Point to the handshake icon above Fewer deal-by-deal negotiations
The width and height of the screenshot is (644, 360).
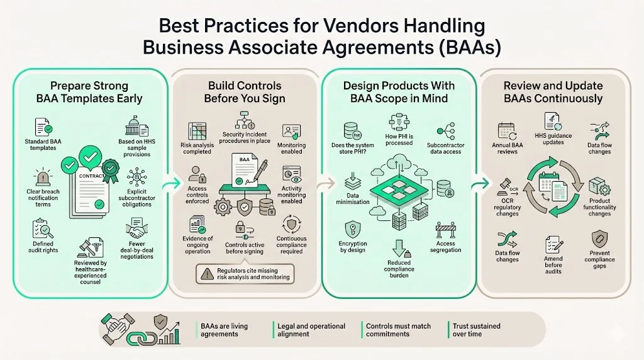point(136,227)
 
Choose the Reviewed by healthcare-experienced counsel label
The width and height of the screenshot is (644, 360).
point(91,272)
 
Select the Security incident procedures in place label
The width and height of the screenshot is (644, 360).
point(245,138)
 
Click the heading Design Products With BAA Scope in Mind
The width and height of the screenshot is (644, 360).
point(399,92)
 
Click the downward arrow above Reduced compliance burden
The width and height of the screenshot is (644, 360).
point(399,247)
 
